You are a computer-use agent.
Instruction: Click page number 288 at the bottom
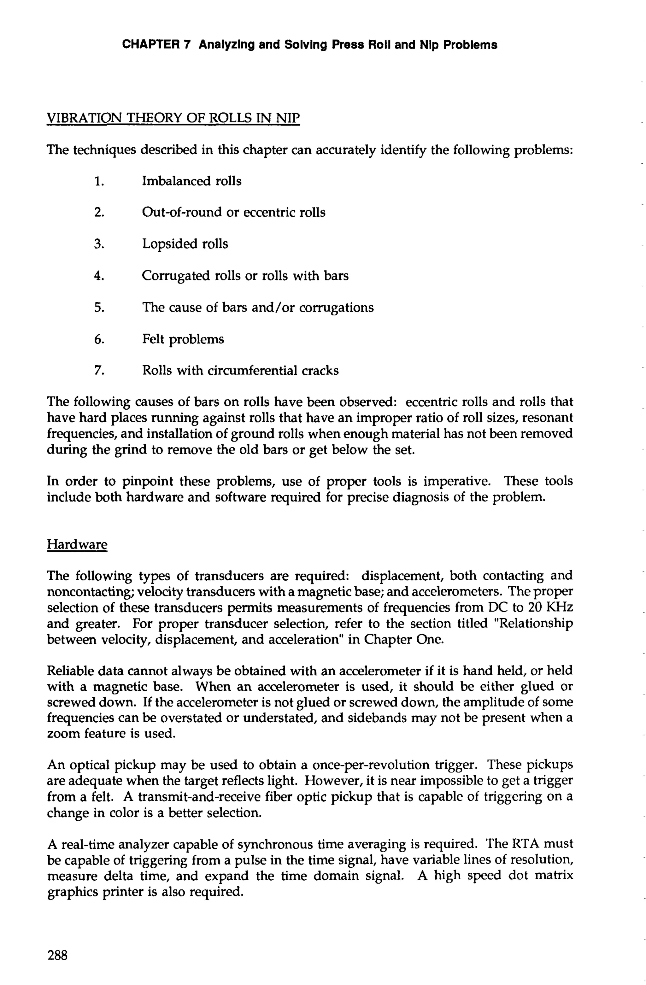pos(57,955)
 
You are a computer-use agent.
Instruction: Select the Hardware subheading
pos(77,544)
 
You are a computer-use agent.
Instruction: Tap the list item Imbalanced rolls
pos(191,181)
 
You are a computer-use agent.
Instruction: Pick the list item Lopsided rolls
pos(185,244)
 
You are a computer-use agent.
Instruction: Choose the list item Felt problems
pos(183,339)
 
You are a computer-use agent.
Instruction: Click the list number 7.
pos(98,370)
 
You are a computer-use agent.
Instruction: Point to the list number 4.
pos(98,276)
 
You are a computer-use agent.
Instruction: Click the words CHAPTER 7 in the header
pos(156,45)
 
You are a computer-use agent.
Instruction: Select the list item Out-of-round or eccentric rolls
pos(233,212)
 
